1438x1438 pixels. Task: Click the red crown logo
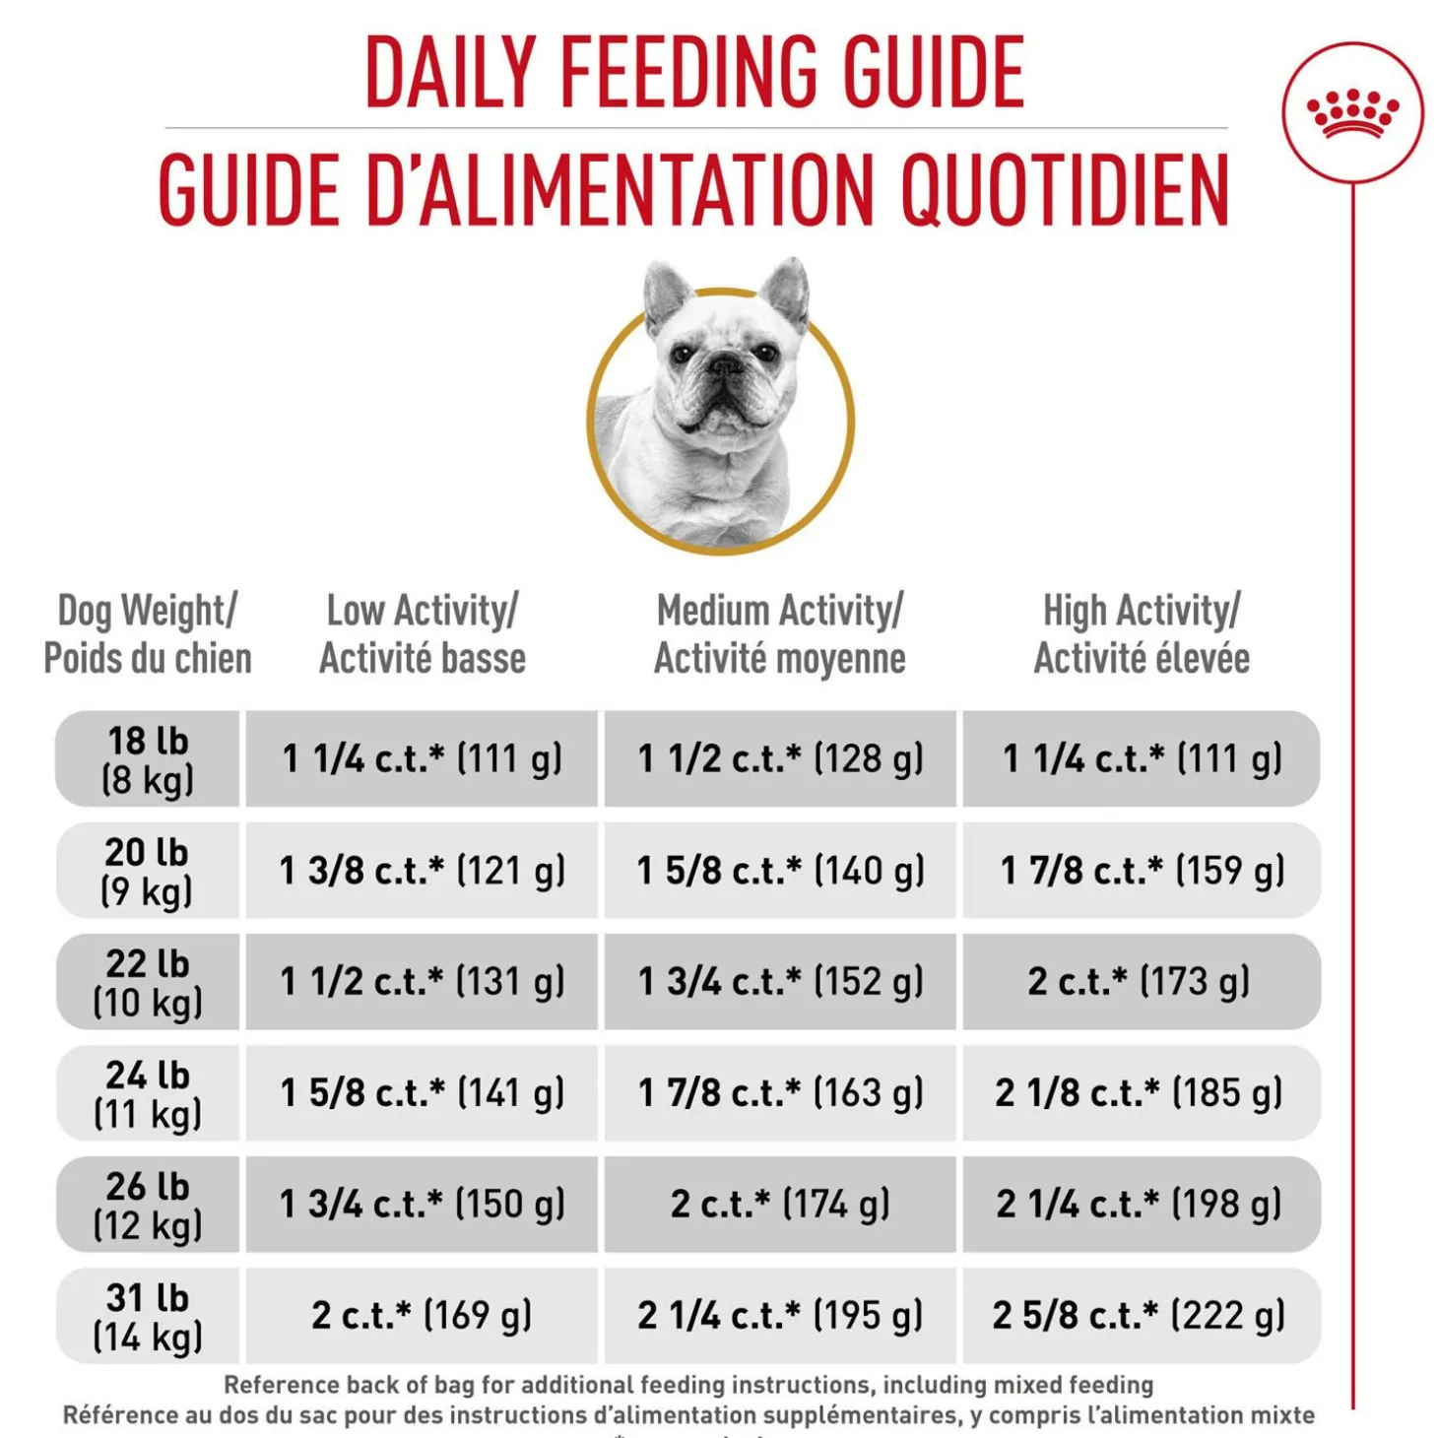click(1352, 112)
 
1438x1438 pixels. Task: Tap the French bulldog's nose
click(724, 365)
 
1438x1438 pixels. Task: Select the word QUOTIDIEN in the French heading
click(1065, 189)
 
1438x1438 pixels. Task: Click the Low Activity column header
click(423, 633)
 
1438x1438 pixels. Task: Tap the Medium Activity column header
click(780, 633)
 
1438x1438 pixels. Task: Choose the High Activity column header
click(1141, 633)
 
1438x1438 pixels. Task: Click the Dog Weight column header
click(148, 633)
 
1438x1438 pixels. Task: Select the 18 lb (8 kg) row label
click(148, 758)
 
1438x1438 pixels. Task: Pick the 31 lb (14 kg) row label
click(148, 1316)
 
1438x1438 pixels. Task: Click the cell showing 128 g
click(780, 758)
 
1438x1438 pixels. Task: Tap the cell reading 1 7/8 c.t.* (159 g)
click(1142, 870)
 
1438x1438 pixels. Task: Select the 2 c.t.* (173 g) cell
click(1142, 981)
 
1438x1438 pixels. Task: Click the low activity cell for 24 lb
click(422, 1092)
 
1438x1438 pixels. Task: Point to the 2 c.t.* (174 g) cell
click(780, 1204)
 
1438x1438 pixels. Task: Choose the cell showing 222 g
click(1142, 1316)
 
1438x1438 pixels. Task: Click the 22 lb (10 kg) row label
click(148, 981)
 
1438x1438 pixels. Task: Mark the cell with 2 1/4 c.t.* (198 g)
click(1142, 1204)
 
